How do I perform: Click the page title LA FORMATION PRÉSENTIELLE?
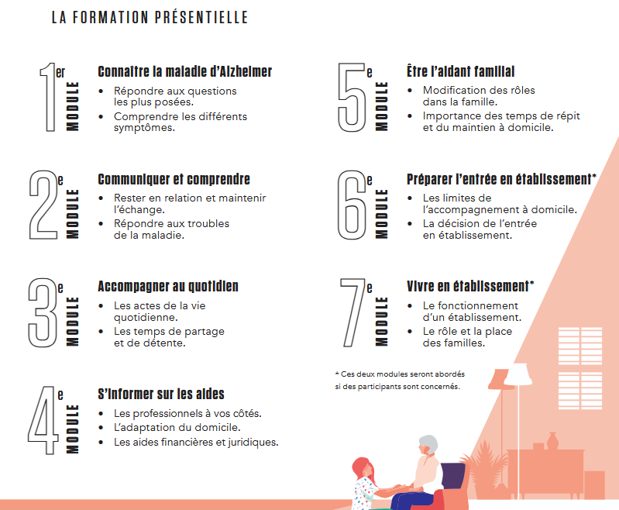click(150, 17)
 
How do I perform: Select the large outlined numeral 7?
click(353, 311)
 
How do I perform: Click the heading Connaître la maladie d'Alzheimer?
click(184, 72)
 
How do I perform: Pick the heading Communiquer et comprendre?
click(174, 179)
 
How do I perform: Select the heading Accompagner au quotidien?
click(167, 286)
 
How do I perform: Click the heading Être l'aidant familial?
click(460, 72)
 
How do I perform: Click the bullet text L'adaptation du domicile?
click(177, 427)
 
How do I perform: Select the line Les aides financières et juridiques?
click(195, 442)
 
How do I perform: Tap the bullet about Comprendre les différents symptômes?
click(180, 122)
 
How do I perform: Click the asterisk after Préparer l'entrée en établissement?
click(593, 178)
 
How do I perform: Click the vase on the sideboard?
click(552, 439)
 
